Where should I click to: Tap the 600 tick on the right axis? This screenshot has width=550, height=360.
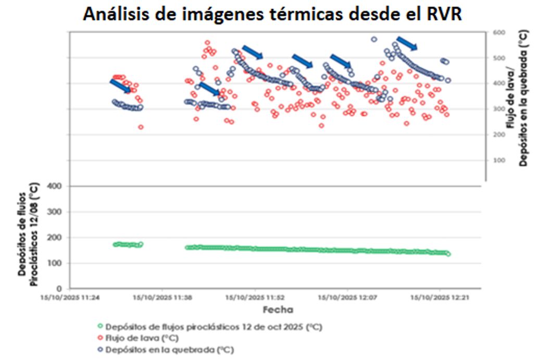click(x=498, y=32)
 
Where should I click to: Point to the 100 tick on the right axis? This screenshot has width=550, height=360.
click(x=498, y=160)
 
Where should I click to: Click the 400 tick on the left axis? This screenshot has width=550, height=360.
click(x=55, y=186)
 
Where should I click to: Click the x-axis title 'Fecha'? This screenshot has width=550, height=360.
click(x=278, y=309)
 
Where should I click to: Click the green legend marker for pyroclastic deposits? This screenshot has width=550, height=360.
click(x=100, y=327)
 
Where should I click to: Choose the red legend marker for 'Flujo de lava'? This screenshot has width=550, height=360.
click(x=100, y=339)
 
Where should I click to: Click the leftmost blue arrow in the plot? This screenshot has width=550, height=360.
click(x=120, y=85)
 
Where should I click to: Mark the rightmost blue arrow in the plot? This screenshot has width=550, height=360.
click(x=407, y=43)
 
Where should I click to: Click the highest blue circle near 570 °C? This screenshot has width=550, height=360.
click(x=374, y=39)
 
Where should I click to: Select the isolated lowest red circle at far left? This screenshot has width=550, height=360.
click(x=141, y=127)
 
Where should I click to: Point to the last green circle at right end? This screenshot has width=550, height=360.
click(x=448, y=254)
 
